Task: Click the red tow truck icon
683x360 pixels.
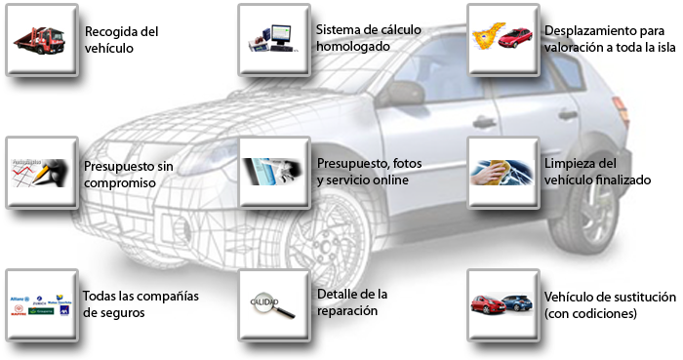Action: (x=40, y=40)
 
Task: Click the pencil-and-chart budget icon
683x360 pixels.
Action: (x=40, y=173)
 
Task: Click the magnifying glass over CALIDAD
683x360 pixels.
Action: (x=272, y=305)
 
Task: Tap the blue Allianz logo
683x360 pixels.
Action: (x=20, y=300)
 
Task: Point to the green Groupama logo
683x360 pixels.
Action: (x=41, y=311)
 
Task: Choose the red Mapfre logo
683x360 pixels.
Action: (x=19, y=310)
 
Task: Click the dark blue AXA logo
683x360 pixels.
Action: (x=64, y=310)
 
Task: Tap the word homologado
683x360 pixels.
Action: (x=353, y=46)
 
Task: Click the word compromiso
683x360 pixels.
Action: (x=120, y=182)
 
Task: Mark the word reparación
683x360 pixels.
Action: (x=347, y=311)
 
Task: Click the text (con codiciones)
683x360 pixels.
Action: (x=590, y=313)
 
